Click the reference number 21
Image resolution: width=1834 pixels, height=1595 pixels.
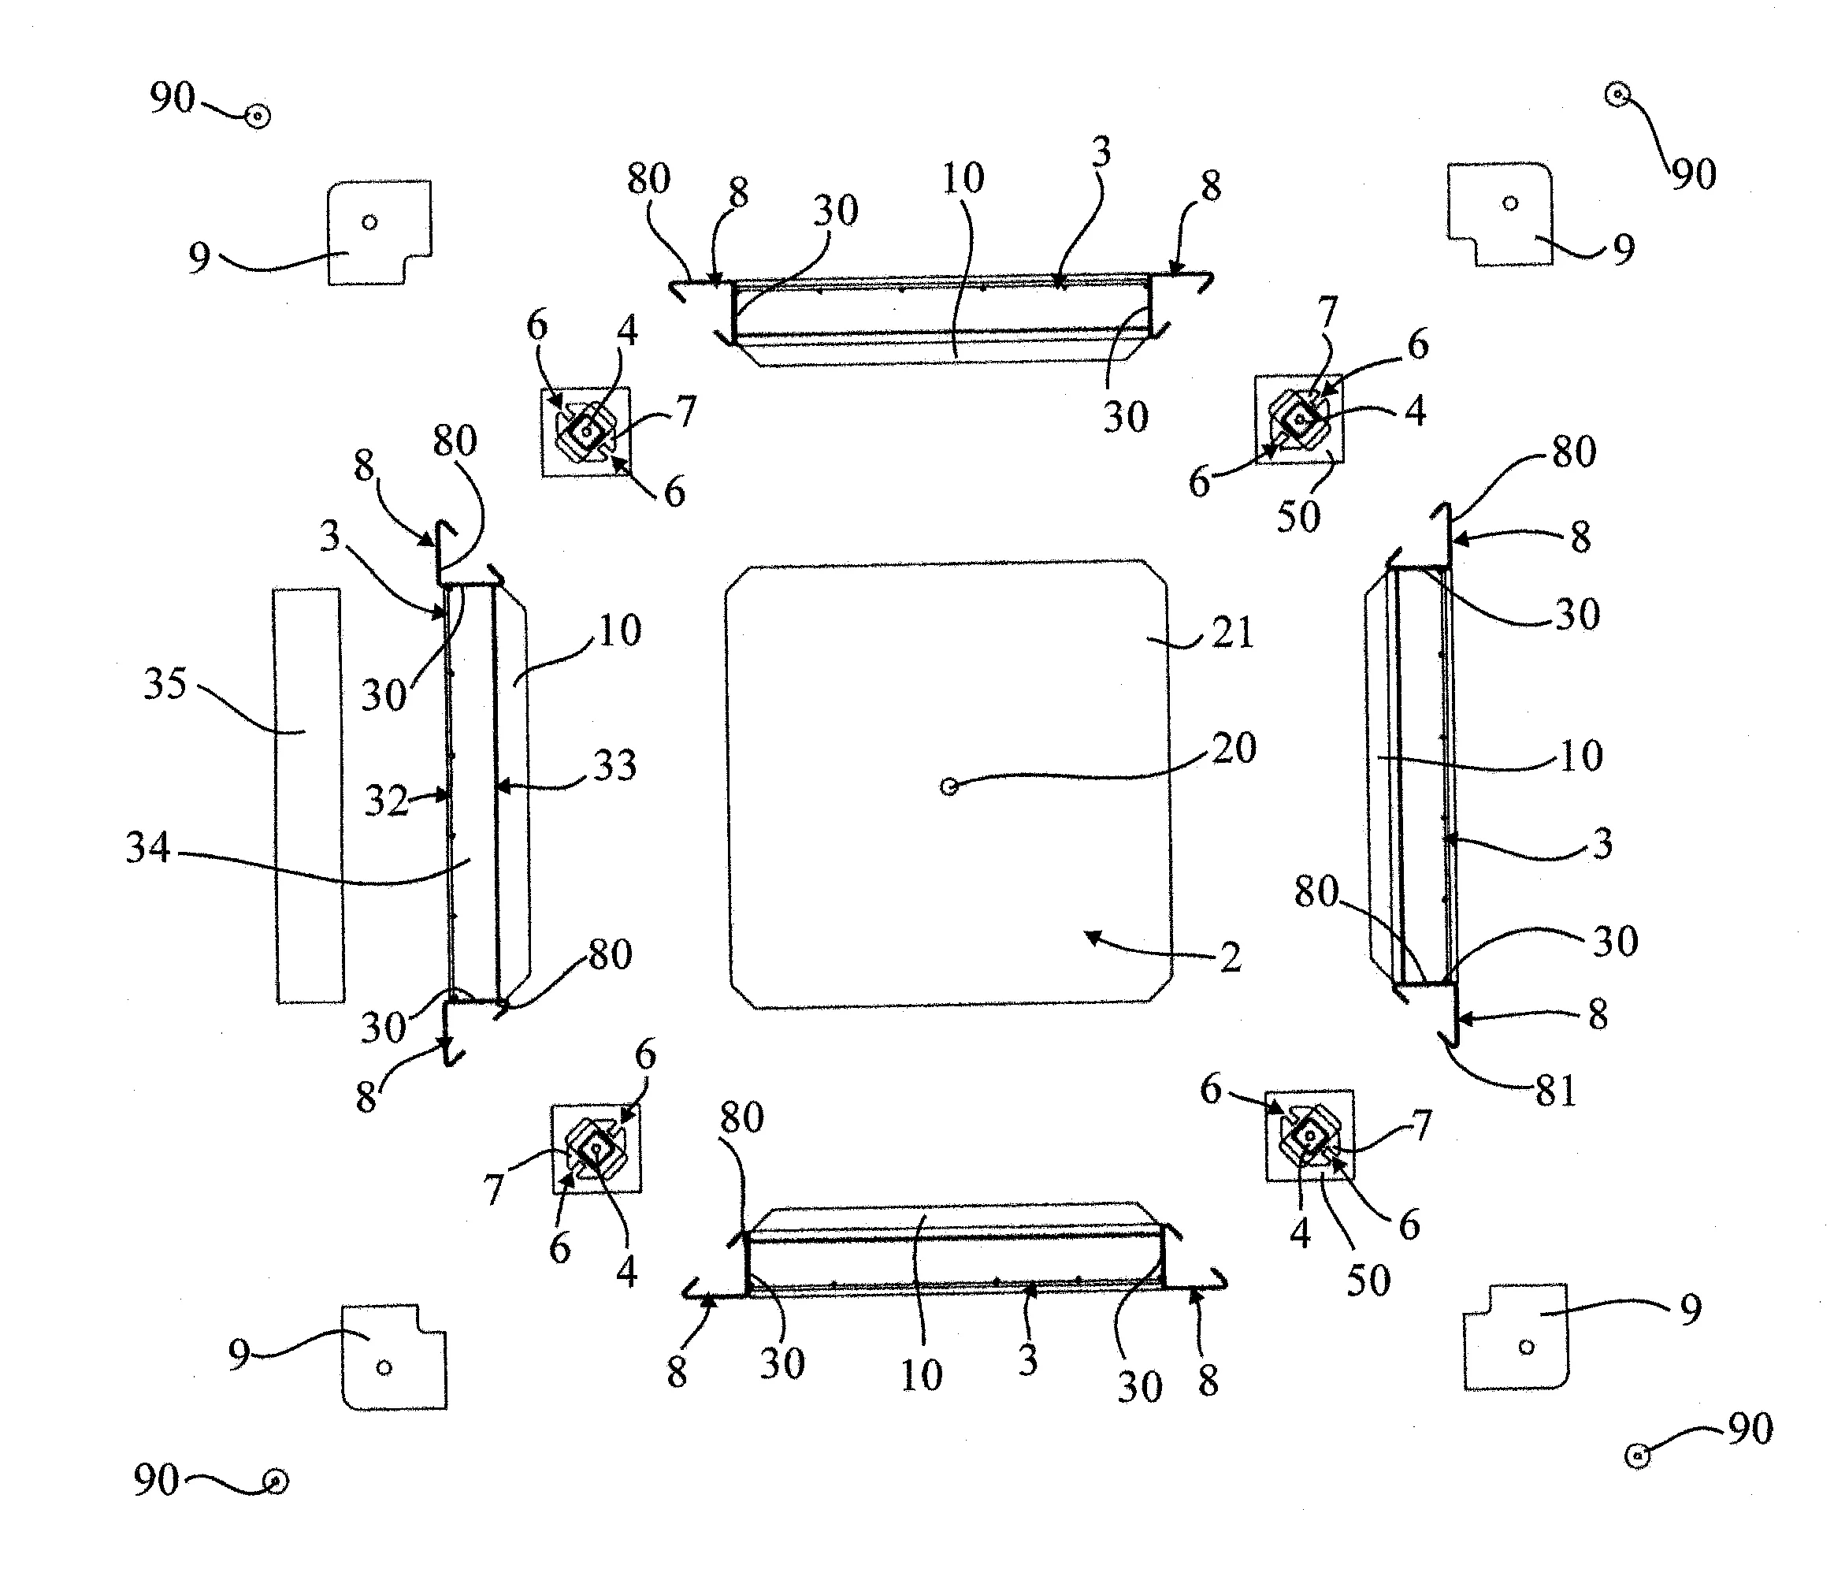[1232, 634]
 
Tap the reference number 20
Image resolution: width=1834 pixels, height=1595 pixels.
[1234, 748]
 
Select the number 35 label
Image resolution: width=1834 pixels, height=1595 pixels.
[165, 683]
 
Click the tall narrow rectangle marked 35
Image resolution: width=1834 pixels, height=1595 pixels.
[308, 795]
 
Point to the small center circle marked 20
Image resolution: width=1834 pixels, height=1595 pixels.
[949, 786]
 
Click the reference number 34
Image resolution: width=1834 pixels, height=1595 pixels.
[148, 846]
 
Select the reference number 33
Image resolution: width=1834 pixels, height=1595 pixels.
[615, 765]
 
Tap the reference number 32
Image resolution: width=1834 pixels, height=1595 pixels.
[386, 801]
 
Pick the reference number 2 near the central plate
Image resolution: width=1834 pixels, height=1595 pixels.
[1230, 957]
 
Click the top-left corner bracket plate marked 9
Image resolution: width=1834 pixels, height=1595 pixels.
[380, 233]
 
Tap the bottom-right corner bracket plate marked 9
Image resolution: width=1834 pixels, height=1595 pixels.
[1517, 1336]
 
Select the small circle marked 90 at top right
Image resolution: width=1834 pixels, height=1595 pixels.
[1617, 94]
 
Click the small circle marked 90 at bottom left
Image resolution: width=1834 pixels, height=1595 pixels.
[276, 1481]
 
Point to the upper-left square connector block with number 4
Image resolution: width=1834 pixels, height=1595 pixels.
[585, 432]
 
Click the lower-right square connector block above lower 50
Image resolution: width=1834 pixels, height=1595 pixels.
[1310, 1136]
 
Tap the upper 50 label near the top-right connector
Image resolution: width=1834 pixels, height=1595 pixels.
[1298, 516]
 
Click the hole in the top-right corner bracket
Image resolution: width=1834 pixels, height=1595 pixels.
[1510, 203]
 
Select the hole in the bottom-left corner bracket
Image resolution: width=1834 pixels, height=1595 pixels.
[384, 1367]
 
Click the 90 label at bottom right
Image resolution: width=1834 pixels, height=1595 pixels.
[1750, 1429]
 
